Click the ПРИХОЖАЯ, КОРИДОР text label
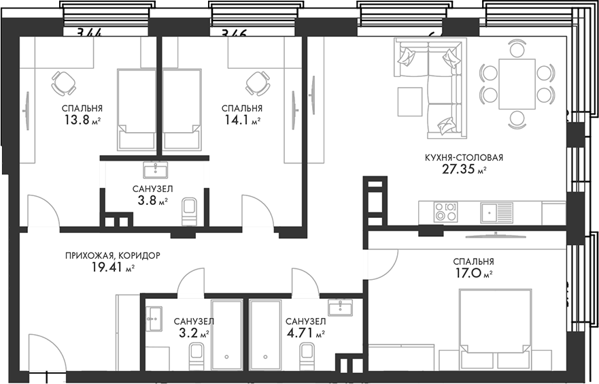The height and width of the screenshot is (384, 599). click(x=113, y=255)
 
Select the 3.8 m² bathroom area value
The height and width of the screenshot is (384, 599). click(x=150, y=201)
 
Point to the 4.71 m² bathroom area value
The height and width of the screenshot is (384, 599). click(x=305, y=334)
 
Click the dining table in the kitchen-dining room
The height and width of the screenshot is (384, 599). click(x=517, y=83)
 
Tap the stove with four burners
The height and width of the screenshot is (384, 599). click(x=446, y=212)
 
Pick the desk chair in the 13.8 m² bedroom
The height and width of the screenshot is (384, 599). click(x=63, y=83)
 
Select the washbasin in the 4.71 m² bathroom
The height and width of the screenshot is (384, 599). click(x=339, y=308)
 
